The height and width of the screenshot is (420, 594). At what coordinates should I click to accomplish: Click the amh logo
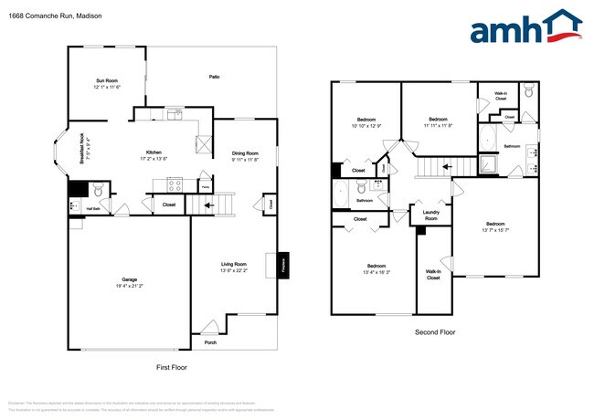525,26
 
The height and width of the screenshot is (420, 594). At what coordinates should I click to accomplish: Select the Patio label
214,78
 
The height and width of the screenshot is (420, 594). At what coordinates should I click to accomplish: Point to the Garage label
130,279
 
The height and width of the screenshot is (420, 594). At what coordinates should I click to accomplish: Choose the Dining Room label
244,153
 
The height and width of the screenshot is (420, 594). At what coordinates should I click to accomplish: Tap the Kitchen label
154,152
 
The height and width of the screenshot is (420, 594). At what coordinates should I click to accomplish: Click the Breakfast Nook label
82,148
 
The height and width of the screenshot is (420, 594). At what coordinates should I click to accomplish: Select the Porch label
210,343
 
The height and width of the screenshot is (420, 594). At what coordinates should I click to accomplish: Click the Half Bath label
92,209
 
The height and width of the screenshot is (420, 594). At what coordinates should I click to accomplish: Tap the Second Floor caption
434,332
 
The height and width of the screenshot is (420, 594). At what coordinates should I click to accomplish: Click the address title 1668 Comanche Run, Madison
51,15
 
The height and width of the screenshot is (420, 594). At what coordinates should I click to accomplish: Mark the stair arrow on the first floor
210,205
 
